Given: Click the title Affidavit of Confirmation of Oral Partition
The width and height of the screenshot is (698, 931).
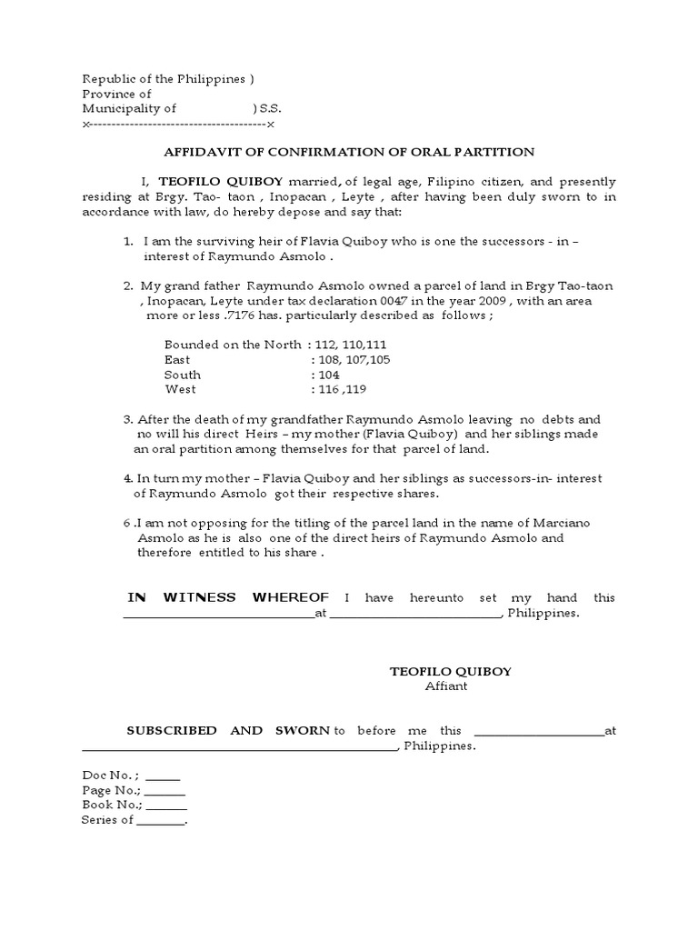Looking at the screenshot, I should [x=348, y=152].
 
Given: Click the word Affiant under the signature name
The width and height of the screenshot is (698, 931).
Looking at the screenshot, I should [x=446, y=686].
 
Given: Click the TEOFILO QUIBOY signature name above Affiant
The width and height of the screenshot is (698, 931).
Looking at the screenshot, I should [x=450, y=671].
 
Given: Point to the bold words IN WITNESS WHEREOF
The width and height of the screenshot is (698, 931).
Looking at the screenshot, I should [x=228, y=597].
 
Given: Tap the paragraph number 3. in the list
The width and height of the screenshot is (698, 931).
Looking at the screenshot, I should [x=128, y=420].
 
